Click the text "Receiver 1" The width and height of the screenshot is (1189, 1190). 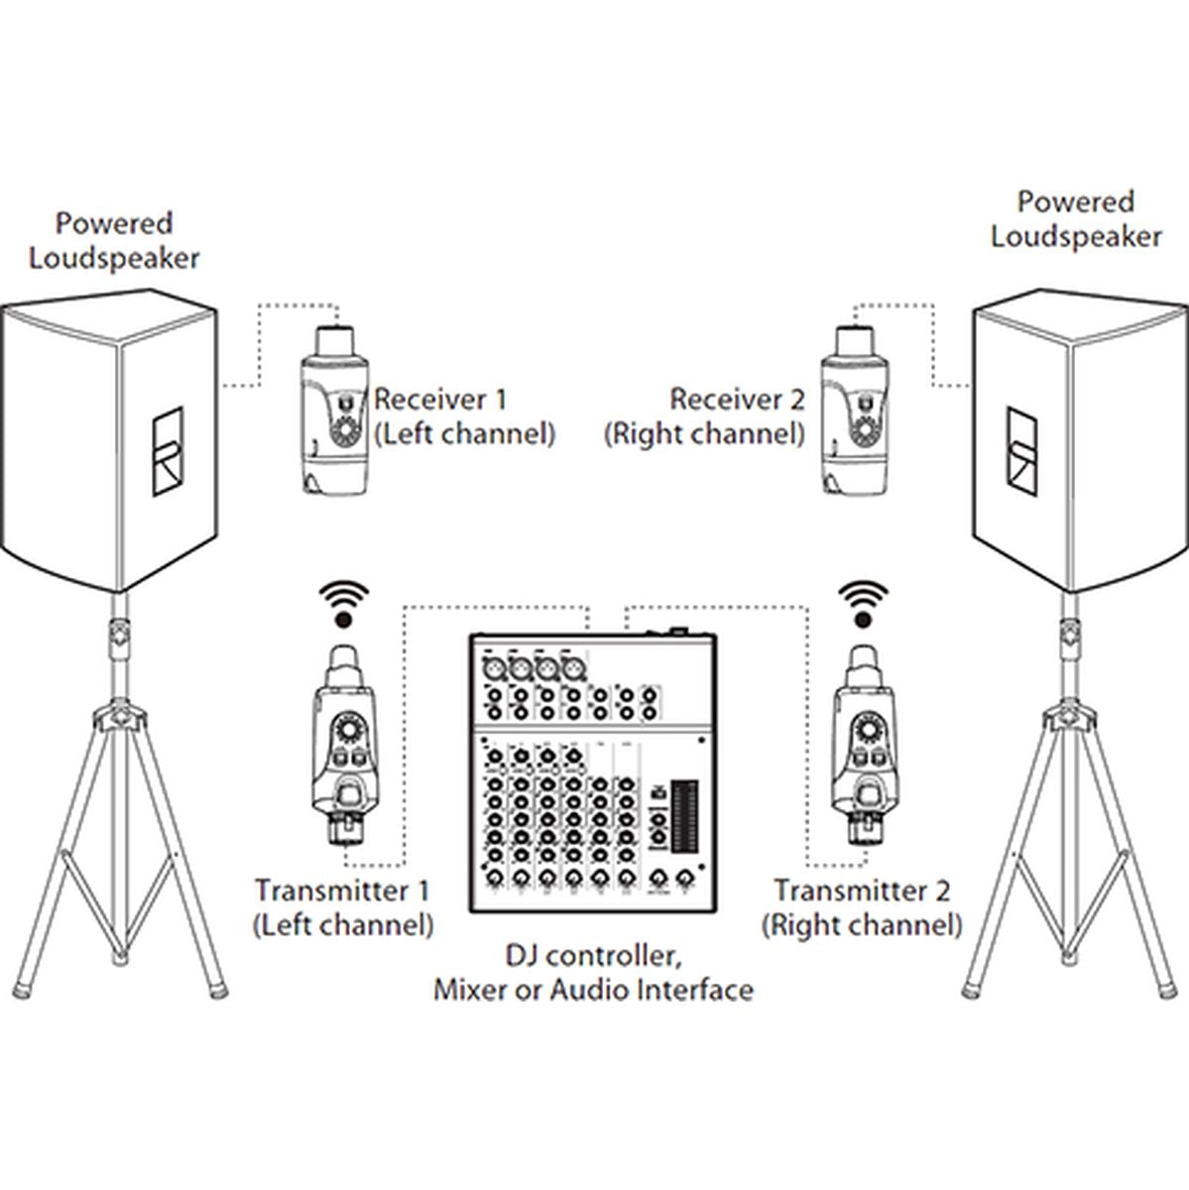[438, 400]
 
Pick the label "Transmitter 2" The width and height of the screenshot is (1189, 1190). [862, 890]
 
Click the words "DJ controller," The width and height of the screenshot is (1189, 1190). [592, 956]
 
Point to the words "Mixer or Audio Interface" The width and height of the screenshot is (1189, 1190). [592, 989]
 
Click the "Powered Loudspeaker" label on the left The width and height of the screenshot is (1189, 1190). [114, 240]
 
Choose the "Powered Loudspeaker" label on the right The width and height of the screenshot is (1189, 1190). [1076, 219]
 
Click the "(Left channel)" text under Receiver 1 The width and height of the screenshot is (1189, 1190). [464, 433]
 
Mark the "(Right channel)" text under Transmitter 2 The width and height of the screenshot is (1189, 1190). [862, 924]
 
